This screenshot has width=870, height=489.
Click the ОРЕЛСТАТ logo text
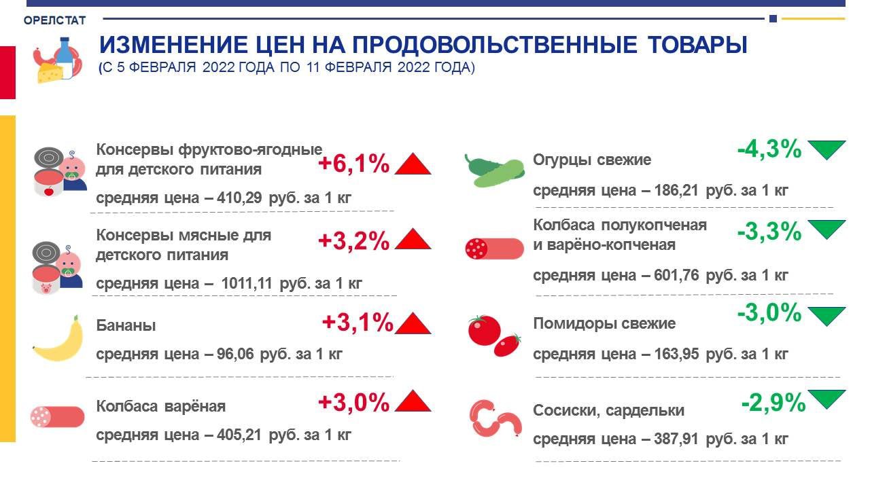pos(55,20)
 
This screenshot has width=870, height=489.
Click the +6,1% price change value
pos(354,164)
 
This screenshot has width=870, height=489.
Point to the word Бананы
pos(126,325)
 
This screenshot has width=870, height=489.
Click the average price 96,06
pos(235,354)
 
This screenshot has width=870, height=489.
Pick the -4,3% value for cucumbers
pos(769,149)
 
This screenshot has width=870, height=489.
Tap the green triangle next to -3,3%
pos(826,230)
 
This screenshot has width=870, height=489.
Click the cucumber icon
pos(494,171)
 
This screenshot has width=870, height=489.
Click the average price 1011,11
pos(247,283)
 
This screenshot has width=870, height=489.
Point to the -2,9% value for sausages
pos(773,403)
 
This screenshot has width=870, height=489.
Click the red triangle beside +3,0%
pos(413,401)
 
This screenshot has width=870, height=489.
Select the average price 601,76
pos(676,275)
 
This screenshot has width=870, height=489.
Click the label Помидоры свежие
pos(604,323)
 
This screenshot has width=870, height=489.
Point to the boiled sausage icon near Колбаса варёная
pos(58,417)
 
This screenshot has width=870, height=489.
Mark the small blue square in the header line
pos(773,18)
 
